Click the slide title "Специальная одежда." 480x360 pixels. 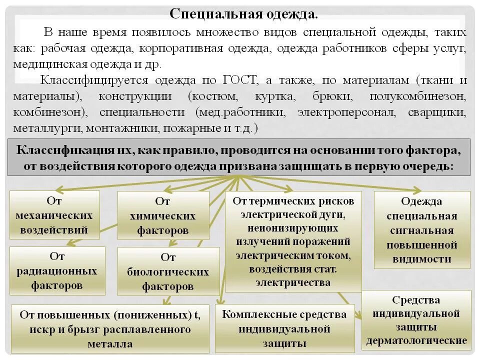tap(243, 13)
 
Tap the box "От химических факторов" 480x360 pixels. tap(162, 216)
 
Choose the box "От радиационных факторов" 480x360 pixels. tap(57, 270)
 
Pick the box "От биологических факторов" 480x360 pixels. tap(168, 271)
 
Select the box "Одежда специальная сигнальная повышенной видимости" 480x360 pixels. tap(422, 230)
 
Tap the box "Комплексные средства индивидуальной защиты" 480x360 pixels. tap(284, 328)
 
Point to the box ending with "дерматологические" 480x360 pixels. tap(416, 320)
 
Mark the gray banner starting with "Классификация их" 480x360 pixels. tap(238, 157)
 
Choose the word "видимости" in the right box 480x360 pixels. tap(422, 259)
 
